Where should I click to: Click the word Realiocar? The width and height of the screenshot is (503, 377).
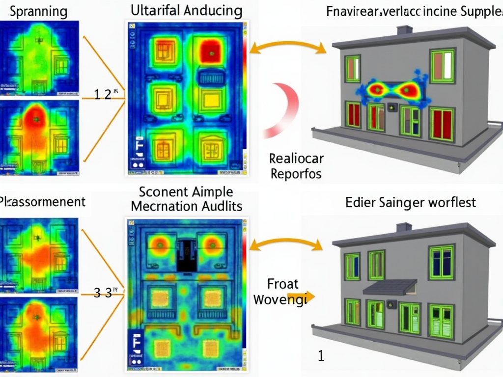[296, 159]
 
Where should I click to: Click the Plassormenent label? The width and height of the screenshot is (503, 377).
[42, 202]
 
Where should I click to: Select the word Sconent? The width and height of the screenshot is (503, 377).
[160, 191]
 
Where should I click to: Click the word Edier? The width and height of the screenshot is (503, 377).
[360, 202]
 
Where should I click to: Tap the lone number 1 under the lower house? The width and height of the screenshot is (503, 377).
[321, 356]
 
